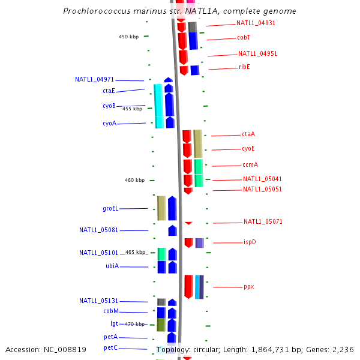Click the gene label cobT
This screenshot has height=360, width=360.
[x=244, y=37]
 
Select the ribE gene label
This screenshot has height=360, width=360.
[x=244, y=67]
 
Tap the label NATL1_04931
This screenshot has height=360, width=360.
[x=256, y=23]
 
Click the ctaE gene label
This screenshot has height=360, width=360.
[x=109, y=91]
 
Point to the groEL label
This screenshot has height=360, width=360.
[x=110, y=209]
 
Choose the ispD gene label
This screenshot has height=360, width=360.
[x=250, y=242]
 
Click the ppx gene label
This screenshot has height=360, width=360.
[x=248, y=287]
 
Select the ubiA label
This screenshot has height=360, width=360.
[x=112, y=266]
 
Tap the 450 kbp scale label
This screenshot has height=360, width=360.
[x=128, y=37]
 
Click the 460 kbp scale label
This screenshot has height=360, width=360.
[x=134, y=180]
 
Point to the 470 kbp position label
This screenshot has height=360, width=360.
[x=135, y=324]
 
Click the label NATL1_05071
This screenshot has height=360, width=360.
[x=263, y=222]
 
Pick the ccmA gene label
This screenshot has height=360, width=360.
[x=250, y=164]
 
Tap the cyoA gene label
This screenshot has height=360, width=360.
[x=109, y=124]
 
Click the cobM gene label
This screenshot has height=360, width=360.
[x=111, y=311]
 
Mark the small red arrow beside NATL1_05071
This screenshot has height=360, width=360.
[x=188, y=223]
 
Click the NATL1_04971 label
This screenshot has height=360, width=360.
[x=94, y=79]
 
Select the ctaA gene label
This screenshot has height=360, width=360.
[x=248, y=134]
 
